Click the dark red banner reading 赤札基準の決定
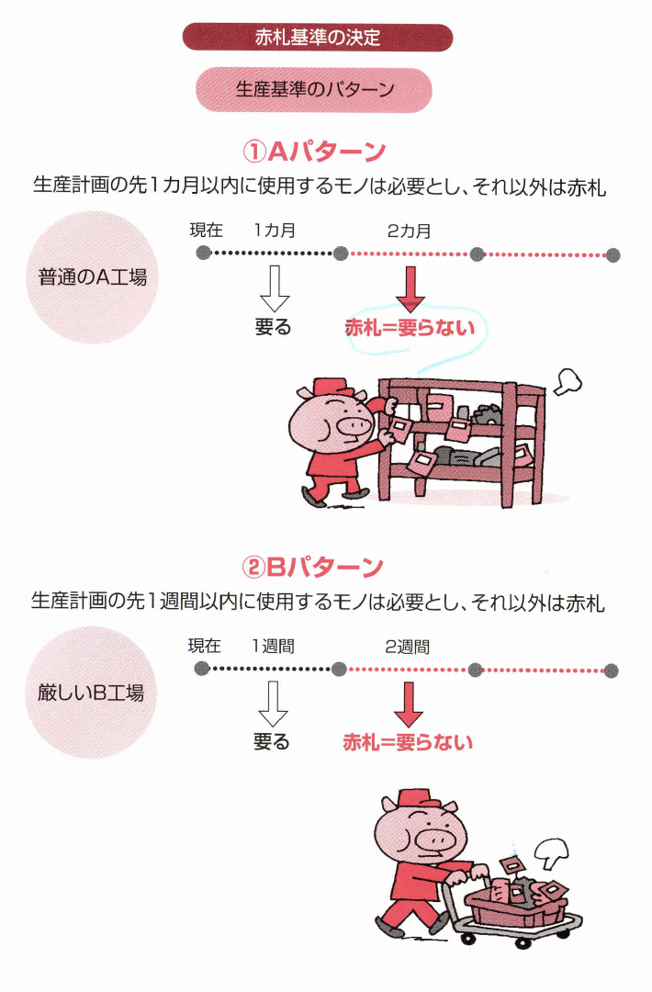(x=318, y=38)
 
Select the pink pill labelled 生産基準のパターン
(x=314, y=90)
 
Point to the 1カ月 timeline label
(x=275, y=231)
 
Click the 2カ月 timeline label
(x=409, y=231)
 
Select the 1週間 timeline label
(x=274, y=647)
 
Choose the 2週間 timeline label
(x=408, y=647)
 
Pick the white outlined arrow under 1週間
(x=273, y=705)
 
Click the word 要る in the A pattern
(x=273, y=327)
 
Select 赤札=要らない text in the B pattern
(x=408, y=742)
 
